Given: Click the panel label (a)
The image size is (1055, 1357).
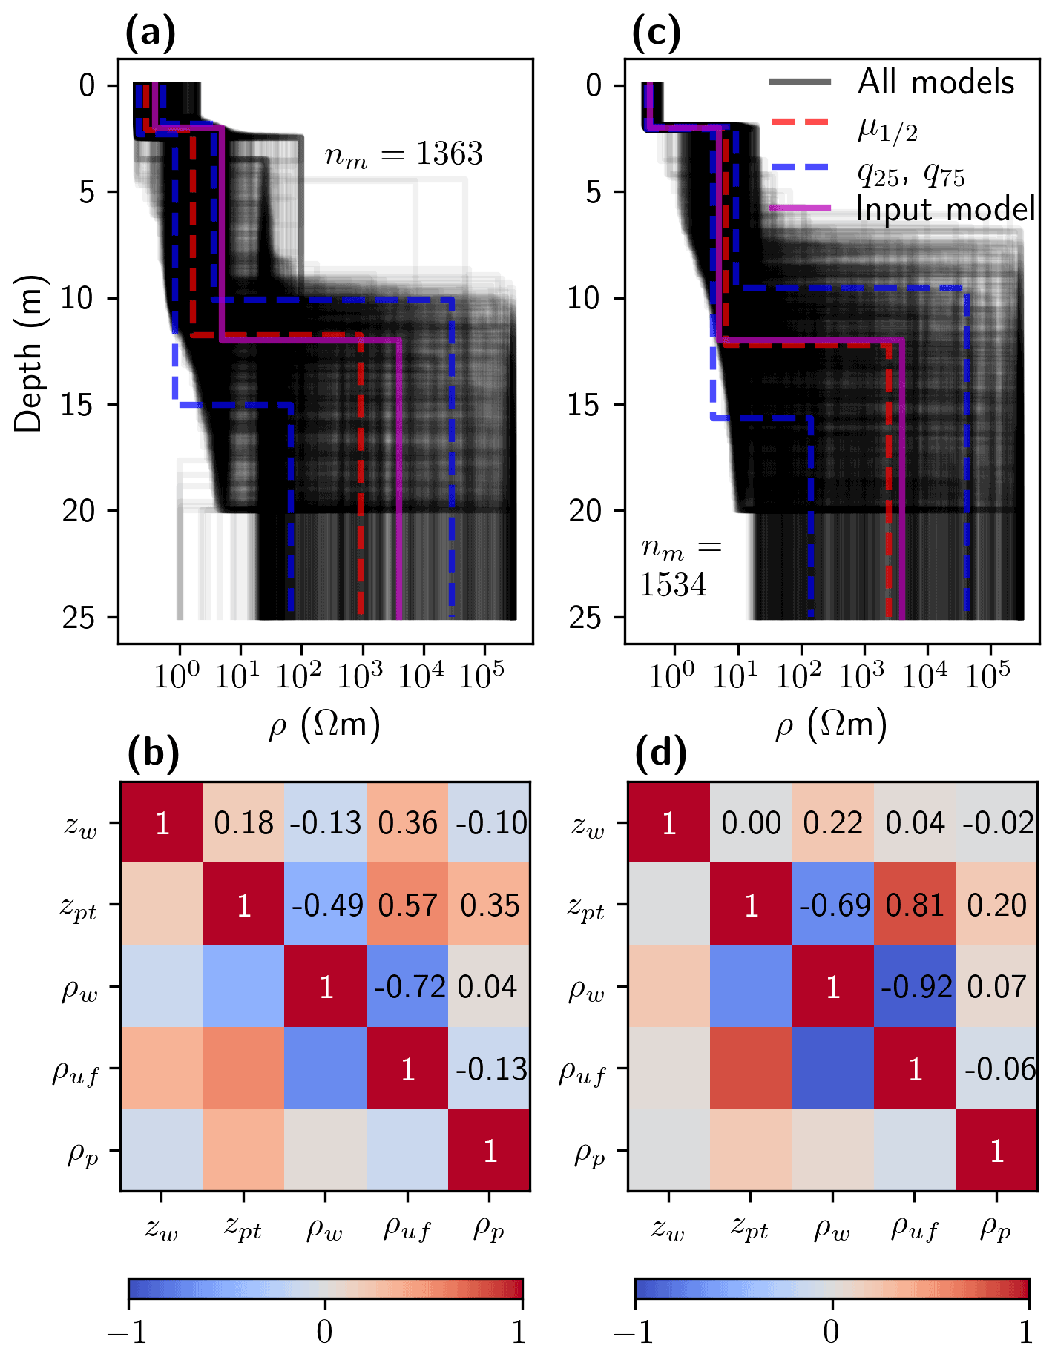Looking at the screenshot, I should tap(151, 34).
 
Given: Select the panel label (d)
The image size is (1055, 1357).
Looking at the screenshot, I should tap(661, 755).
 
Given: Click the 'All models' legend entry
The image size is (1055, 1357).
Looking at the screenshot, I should tap(936, 82).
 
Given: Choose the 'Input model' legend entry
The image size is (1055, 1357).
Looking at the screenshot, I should tap(945, 209).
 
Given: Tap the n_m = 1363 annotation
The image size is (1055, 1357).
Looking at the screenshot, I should tap(404, 154).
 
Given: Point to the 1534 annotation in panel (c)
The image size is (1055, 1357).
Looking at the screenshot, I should tap(673, 585).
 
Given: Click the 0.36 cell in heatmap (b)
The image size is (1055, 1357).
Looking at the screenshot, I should tap(407, 823).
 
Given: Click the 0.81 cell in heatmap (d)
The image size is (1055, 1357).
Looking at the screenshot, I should tap(915, 905).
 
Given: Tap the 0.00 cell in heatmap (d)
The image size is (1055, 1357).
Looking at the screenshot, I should tap(751, 823).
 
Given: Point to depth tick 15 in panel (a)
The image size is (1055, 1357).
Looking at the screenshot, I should tap(79, 405).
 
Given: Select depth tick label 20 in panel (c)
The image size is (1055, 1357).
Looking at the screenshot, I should tap(585, 511).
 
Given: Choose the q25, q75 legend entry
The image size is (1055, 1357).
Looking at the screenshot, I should tap(910, 174).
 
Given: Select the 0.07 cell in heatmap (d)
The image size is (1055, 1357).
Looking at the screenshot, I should tap(996, 987).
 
